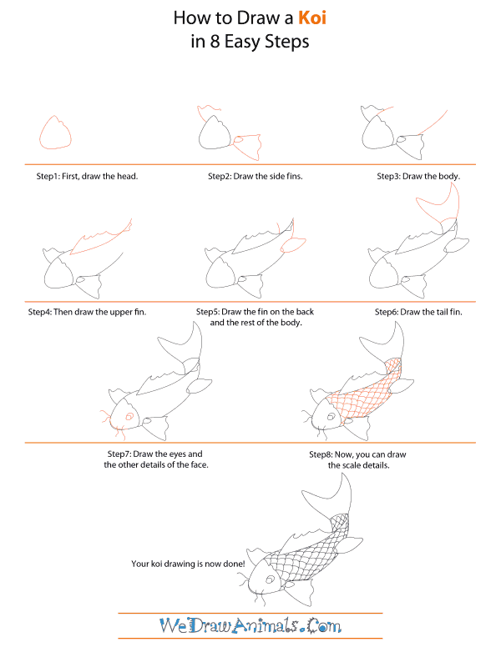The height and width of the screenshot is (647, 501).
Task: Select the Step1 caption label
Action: [86, 177]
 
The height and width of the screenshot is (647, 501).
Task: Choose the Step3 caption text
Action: [418, 177]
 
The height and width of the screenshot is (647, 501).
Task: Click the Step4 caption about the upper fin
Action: [86, 312]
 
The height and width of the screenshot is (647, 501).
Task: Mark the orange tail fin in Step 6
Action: [441, 208]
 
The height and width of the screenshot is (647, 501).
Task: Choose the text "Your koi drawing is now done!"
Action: [188, 564]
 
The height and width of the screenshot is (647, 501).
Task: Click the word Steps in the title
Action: [284, 42]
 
